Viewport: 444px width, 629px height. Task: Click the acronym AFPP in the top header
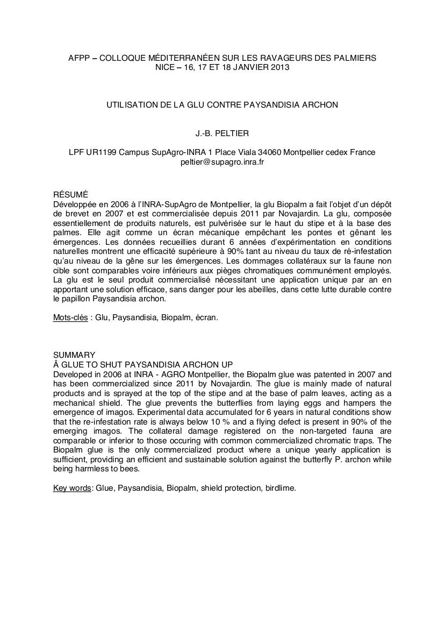point(79,58)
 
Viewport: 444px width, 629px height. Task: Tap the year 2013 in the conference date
point(280,68)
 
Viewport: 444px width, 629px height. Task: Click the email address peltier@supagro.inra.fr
point(222,161)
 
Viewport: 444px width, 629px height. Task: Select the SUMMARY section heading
point(74,355)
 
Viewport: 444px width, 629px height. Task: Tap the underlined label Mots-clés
point(70,317)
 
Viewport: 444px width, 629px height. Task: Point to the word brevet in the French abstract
point(78,213)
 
